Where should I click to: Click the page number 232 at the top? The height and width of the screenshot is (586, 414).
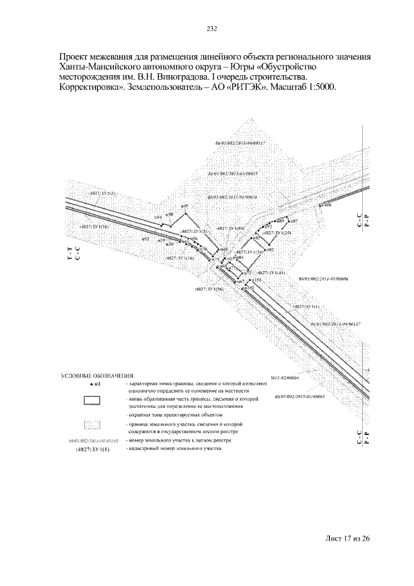click(211, 28)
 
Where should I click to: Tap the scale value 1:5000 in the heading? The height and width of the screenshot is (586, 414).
click(321, 87)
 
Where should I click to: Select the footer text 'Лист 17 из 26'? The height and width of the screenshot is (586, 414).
click(347, 538)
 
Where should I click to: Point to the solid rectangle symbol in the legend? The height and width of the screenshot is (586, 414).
click(94, 400)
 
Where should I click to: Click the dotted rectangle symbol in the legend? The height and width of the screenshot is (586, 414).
click(94, 425)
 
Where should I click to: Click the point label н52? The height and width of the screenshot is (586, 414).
click(146, 239)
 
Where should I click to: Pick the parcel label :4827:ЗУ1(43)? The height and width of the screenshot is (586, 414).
click(270, 273)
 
